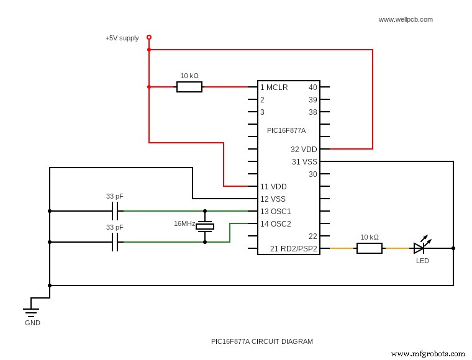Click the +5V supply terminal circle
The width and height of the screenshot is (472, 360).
coord(149,37)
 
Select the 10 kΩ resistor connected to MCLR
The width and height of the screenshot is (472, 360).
coord(189,87)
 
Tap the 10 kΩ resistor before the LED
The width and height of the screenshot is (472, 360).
coord(370,248)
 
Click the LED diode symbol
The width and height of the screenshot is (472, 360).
coord(420,248)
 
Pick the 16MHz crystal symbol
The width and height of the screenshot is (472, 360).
coord(205,227)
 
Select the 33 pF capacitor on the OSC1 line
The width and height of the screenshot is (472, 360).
coord(115,211)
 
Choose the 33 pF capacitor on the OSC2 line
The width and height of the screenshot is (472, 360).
coord(115,242)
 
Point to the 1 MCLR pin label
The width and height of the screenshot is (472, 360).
coord(274,88)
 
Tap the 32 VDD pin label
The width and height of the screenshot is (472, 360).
coord(304,150)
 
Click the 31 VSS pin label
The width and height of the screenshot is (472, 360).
coord(304,162)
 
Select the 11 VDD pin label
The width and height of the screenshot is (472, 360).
coord(273,187)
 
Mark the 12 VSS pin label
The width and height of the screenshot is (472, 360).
coord(273,199)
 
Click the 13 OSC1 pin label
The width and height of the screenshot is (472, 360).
coord(275,212)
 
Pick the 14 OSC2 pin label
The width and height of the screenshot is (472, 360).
coord(275,224)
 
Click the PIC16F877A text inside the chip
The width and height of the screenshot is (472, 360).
coord(286,130)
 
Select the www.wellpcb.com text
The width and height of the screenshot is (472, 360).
coord(406,19)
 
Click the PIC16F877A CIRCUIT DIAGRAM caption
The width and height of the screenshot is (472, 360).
coord(262,341)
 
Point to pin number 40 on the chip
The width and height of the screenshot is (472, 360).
coord(312,88)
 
